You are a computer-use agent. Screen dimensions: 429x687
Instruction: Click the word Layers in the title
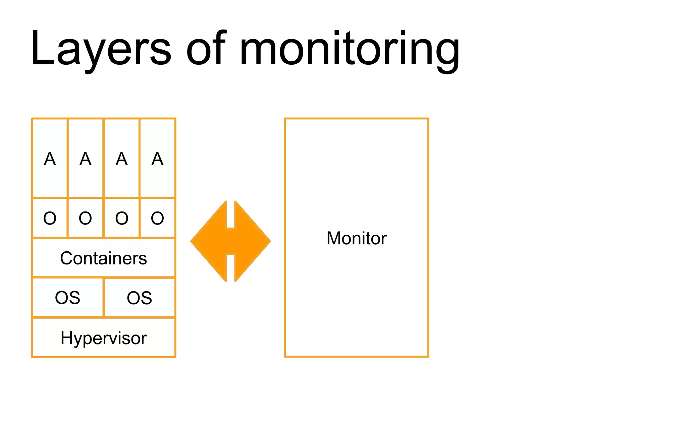point(101,49)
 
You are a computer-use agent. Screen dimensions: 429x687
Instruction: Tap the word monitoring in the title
point(349,50)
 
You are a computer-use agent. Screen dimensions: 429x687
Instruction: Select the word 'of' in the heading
point(206,49)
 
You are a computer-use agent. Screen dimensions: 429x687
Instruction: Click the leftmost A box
point(50,158)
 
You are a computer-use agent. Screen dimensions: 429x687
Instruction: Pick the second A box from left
point(86,158)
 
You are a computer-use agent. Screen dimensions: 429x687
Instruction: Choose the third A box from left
point(121,158)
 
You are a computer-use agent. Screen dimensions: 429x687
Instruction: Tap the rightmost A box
point(157,158)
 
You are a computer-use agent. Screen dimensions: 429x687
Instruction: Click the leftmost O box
point(50,218)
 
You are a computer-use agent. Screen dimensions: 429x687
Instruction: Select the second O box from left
point(86,218)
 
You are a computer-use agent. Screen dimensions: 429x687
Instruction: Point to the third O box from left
point(121,218)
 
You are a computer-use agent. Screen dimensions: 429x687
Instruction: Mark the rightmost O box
point(157,218)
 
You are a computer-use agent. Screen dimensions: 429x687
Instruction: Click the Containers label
point(103,258)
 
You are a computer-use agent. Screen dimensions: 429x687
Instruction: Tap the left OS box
point(67,298)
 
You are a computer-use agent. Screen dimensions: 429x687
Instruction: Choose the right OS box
point(140,298)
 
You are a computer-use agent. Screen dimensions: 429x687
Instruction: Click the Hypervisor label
point(103,338)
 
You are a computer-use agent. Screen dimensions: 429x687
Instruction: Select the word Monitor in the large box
point(356,238)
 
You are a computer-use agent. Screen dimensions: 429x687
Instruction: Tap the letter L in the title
point(42,49)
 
